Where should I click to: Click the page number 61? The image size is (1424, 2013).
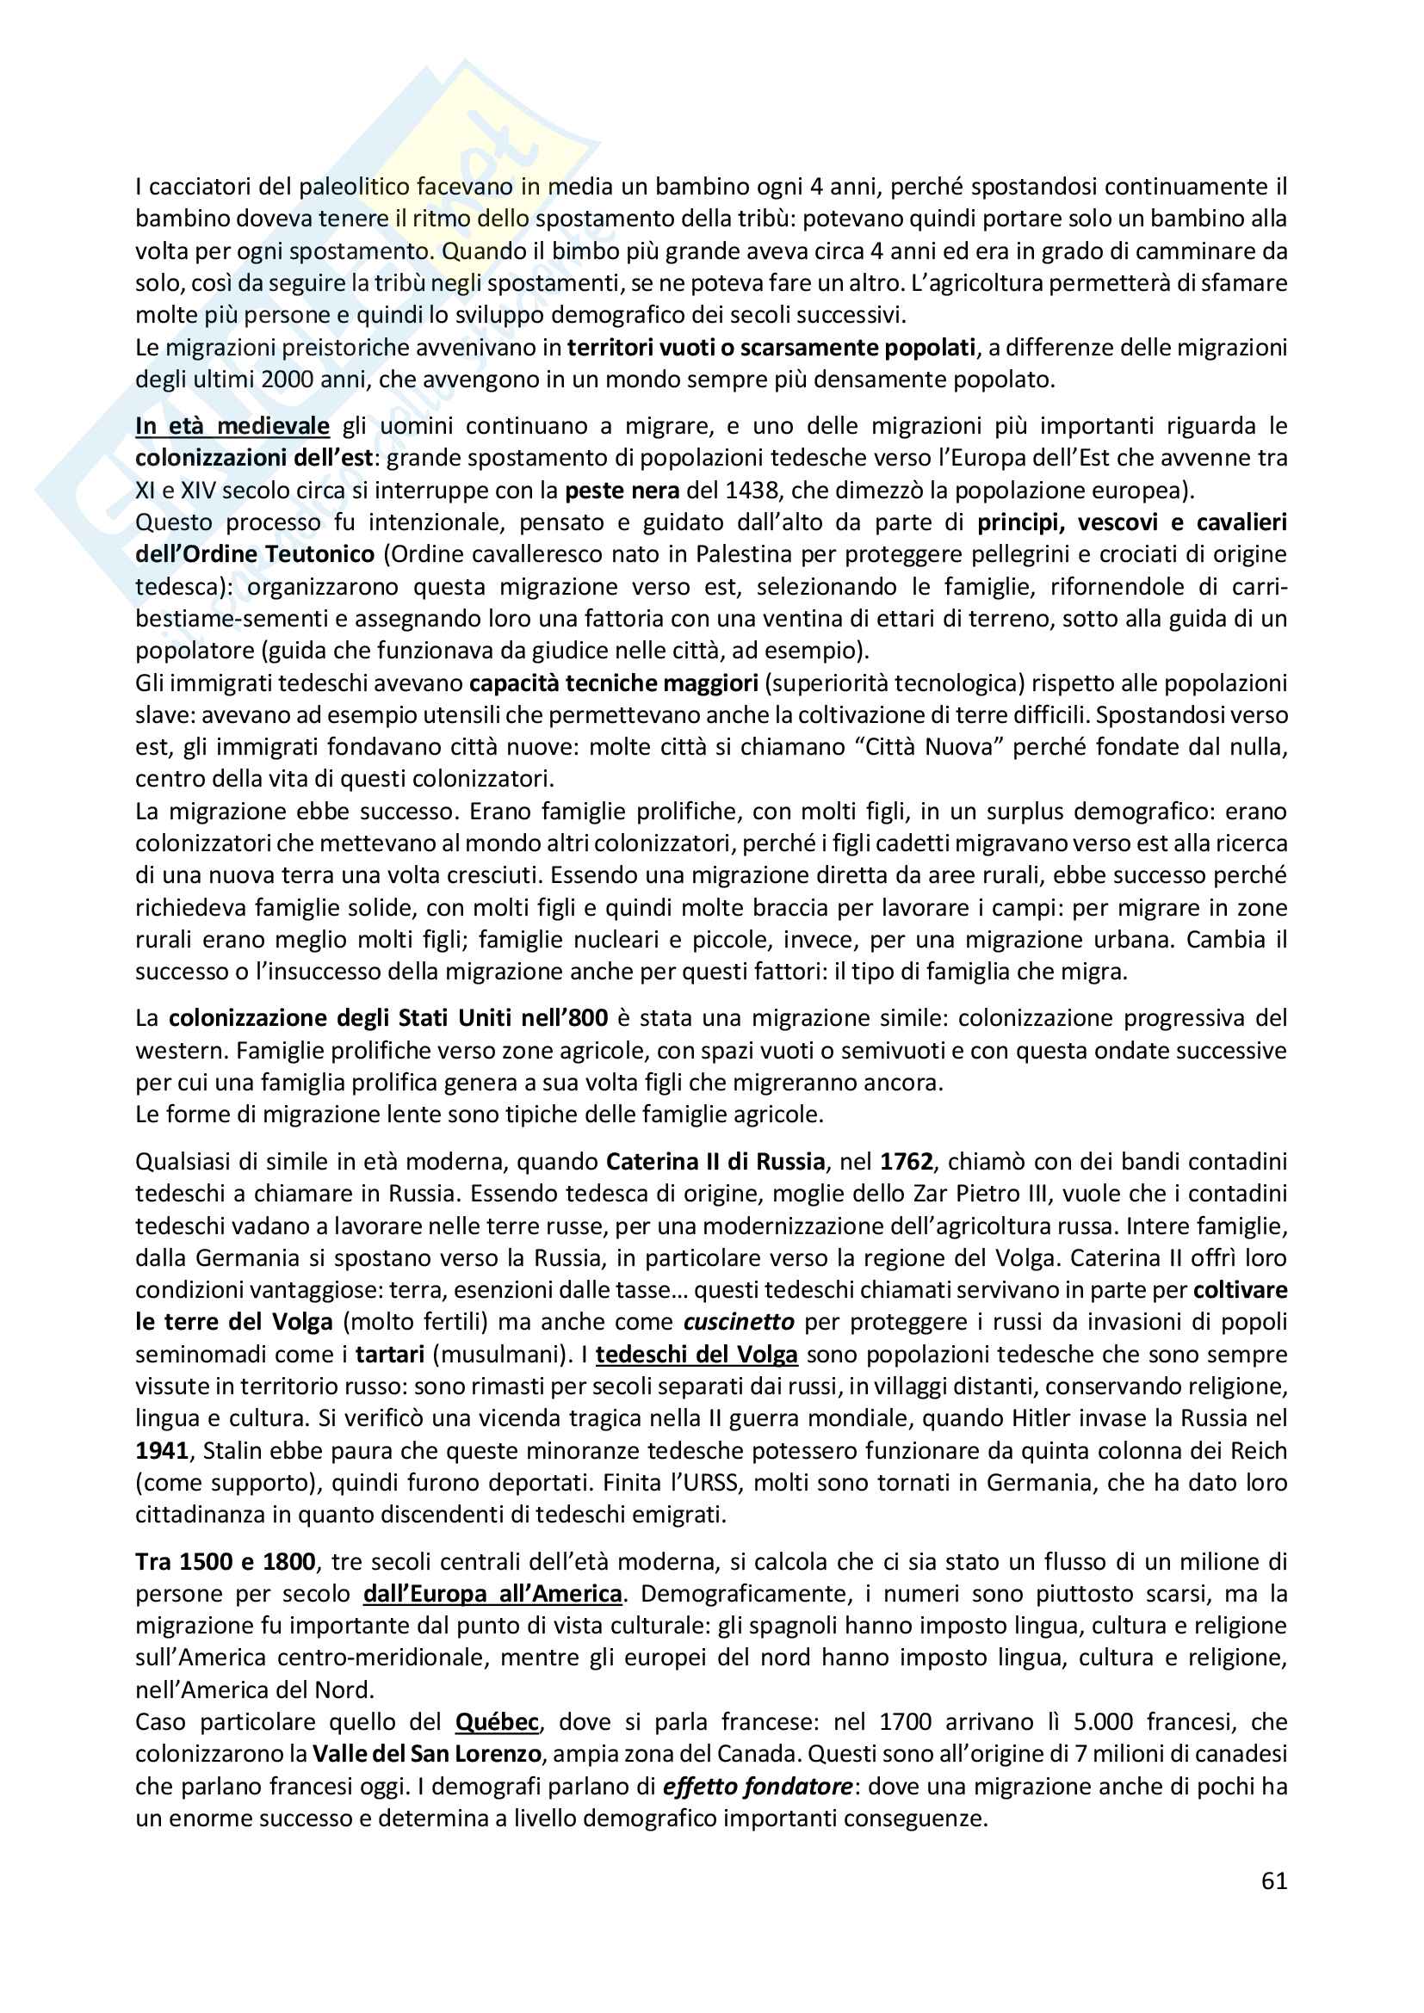pos(1274,1880)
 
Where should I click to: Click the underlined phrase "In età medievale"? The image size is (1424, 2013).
pos(232,426)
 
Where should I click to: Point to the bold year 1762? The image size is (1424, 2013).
pos(907,1162)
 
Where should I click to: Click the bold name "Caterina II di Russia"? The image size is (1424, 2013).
pos(715,1162)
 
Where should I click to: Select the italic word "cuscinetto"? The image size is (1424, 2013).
pos(740,1322)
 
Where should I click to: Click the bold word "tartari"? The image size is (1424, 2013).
pos(390,1355)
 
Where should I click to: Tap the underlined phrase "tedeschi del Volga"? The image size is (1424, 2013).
pos(697,1355)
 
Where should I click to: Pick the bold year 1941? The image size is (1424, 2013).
pos(162,1451)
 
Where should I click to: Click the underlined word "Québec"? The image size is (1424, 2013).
pos(496,1722)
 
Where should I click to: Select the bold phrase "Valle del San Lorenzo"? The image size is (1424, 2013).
pos(427,1754)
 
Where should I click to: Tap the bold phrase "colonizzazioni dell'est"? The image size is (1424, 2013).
pos(254,458)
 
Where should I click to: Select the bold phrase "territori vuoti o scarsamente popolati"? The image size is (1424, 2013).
pos(771,348)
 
